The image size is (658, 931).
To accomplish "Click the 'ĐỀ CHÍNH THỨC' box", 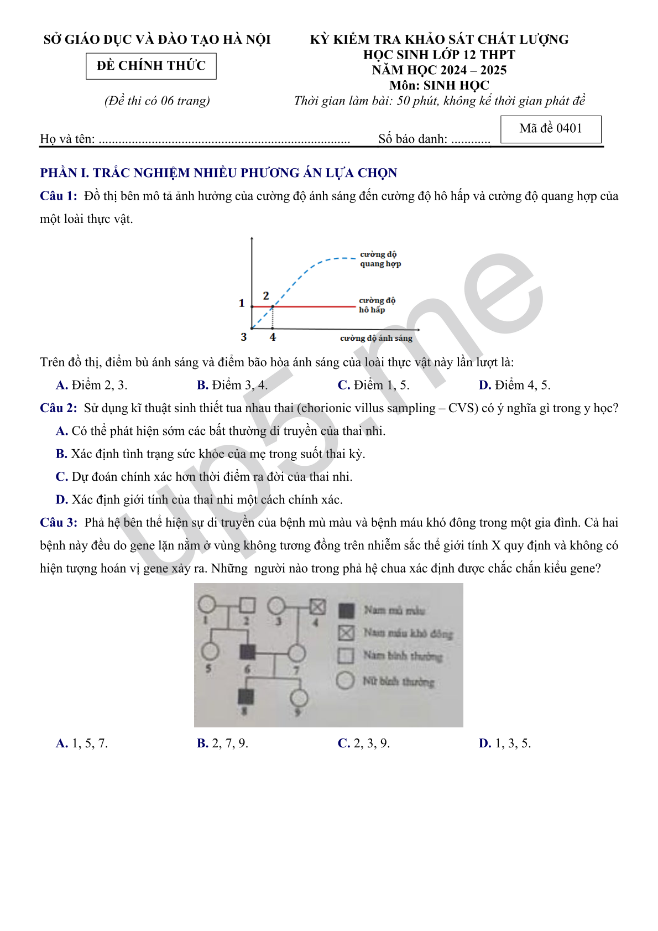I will (x=151, y=66).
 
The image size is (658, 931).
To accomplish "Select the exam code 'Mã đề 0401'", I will (x=551, y=129).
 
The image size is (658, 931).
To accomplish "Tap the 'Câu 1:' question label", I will (x=59, y=196).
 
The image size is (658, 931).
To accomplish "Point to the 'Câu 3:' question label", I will (x=59, y=523).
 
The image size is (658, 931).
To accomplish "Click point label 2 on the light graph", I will (x=266, y=296).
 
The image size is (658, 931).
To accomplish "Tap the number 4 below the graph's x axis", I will (x=273, y=337).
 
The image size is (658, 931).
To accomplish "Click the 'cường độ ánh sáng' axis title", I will (x=376, y=338).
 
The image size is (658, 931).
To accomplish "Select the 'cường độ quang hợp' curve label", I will (x=380, y=259).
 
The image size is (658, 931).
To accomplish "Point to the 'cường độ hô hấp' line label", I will (x=377, y=305).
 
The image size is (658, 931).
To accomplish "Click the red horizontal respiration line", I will (x=315, y=306).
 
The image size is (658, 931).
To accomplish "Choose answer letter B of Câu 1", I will (x=202, y=385).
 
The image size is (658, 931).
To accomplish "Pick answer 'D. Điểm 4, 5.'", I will (x=514, y=385).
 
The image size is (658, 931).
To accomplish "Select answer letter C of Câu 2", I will (x=61, y=477).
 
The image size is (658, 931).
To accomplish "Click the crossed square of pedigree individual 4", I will (x=317, y=607).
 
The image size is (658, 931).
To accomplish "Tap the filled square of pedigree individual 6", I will (x=247, y=652).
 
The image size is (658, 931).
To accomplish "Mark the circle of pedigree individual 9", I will (x=298, y=698).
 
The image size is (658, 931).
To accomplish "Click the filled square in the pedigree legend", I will (x=346, y=611).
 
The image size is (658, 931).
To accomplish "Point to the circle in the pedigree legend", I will (x=346, y=680).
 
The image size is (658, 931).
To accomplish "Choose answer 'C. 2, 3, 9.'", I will (x=364, y=743).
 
